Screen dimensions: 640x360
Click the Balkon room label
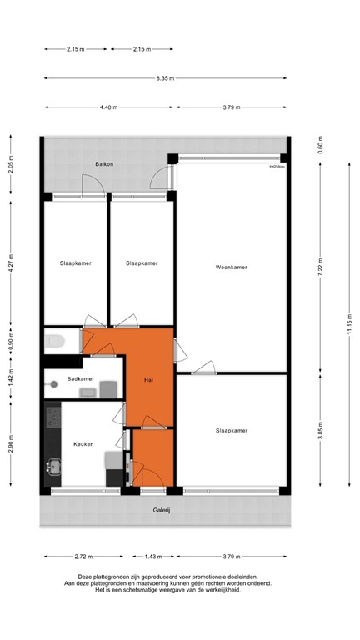pos(104,163)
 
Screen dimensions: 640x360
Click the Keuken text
pos(83,444)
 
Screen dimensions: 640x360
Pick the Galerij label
pos(161,510)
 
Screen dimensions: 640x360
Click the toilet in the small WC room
pos(56,340)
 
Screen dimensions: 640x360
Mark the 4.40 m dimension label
pos(108,107)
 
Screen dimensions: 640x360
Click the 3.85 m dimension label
pos(320,432)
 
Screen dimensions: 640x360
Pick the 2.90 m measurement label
pos(10,444)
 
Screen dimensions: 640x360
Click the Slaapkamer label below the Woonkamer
pos(232,431)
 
